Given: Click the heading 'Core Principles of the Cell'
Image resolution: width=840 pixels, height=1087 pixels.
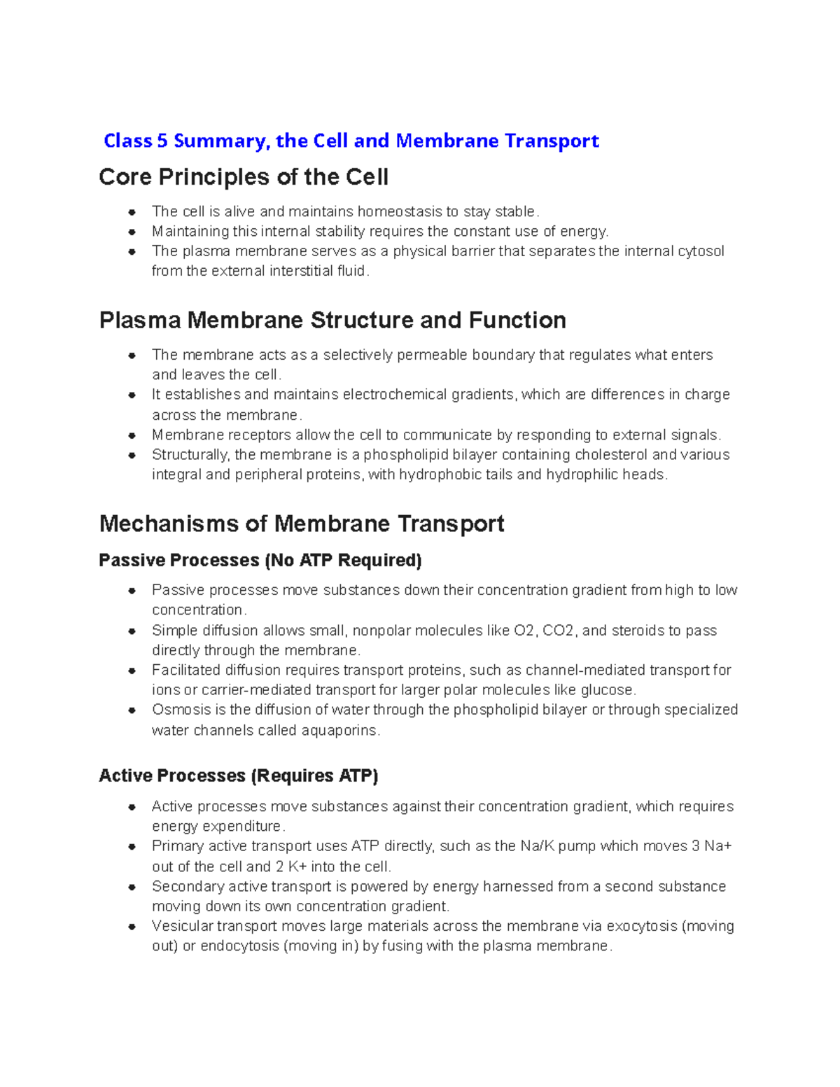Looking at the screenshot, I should (x=243, y=177).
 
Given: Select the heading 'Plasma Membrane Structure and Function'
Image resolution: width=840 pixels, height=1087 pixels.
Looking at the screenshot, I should (x=332, y=321).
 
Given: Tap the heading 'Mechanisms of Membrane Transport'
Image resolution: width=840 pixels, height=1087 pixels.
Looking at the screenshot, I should (x=301, y=524).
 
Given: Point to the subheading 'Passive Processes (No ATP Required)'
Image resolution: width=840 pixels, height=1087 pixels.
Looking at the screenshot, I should (x=260, y=561).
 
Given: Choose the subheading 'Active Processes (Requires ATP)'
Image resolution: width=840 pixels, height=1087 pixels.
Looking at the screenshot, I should (x=238, y=776).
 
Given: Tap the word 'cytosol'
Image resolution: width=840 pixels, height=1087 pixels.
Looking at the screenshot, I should (x=701, y=251).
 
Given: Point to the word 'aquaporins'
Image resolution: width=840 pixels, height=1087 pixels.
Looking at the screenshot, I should (x=339, y=731).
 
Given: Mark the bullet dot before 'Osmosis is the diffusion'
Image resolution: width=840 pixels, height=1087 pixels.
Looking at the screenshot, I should (x=132, y=710).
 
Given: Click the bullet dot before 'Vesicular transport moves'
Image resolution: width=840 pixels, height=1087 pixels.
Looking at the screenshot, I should (x=132, y=926).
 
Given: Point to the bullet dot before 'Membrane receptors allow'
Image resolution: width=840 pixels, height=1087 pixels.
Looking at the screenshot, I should (x=132, y=435).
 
